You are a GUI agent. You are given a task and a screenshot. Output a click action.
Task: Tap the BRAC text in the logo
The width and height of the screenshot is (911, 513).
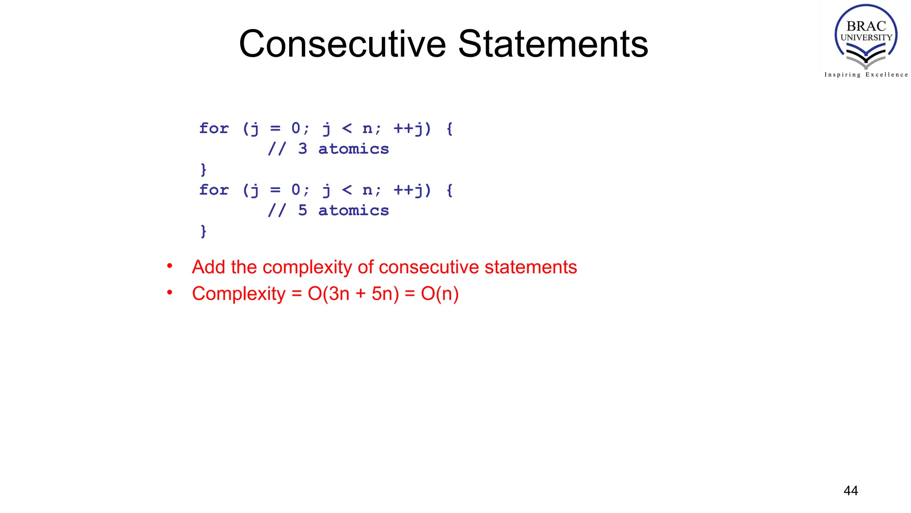pyautogui.click(x=866, y=26)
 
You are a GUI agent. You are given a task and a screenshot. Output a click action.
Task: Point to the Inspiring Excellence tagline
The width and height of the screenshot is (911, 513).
pyautogui.click(x=866, y=75)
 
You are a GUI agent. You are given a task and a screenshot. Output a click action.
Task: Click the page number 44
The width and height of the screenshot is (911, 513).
pyautogui.click(x=851, y=491)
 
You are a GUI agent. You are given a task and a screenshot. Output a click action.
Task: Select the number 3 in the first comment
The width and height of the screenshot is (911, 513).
pyautogui.click(x=302, y=149)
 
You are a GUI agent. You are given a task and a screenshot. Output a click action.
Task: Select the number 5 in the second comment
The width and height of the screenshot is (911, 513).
pyautogui.click(x=302, y=210)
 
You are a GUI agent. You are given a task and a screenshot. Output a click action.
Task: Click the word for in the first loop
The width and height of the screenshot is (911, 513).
pyautogui.click(x=214, y=128)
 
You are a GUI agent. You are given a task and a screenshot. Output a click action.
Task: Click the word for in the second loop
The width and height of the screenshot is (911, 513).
pyautogui.click(x=214, y=190)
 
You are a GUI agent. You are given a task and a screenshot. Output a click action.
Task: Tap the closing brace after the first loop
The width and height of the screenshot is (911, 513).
pyautogui.click(x=203, y=169)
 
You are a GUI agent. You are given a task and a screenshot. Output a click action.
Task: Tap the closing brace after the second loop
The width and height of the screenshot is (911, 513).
pyautogui.click(x=203, y=231)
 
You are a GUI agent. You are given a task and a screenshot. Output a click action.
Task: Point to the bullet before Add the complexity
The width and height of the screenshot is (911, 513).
pyautogui.click(x=169, y=266)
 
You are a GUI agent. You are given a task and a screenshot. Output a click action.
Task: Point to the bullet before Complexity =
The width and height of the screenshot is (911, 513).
pyautogui.click(x=169, y=293)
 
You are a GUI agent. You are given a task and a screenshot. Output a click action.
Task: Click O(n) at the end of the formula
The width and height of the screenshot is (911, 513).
pyautogui.click(x=439, y=294)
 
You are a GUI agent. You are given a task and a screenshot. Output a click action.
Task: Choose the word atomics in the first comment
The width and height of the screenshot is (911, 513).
pyautogui.click(x=353, y=149)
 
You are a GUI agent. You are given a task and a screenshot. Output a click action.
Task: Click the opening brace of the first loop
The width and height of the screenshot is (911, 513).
pyautogui.click(x=449, y=129)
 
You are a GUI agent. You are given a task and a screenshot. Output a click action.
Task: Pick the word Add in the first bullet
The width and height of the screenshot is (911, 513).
pyautogui.click(x=209, y=267)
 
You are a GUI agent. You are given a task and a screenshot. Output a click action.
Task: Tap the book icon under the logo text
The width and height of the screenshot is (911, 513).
pyautogui.click(x=866, y=58)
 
